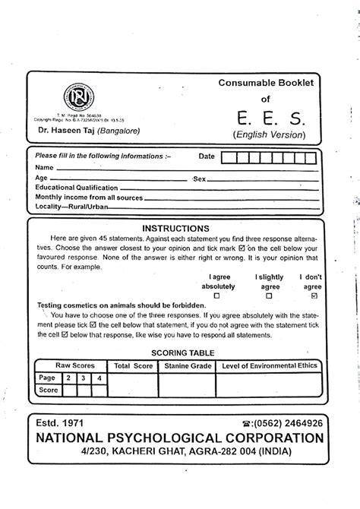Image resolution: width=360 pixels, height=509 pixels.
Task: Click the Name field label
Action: (x=44, y=167)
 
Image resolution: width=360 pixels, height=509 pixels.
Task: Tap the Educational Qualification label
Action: (x=77, y=187)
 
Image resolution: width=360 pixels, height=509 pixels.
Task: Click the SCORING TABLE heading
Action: (x=182, y=353)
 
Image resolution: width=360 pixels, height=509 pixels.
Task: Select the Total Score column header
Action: (x=134, y=365)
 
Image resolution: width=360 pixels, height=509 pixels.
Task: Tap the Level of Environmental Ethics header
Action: (x=269, y=365)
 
